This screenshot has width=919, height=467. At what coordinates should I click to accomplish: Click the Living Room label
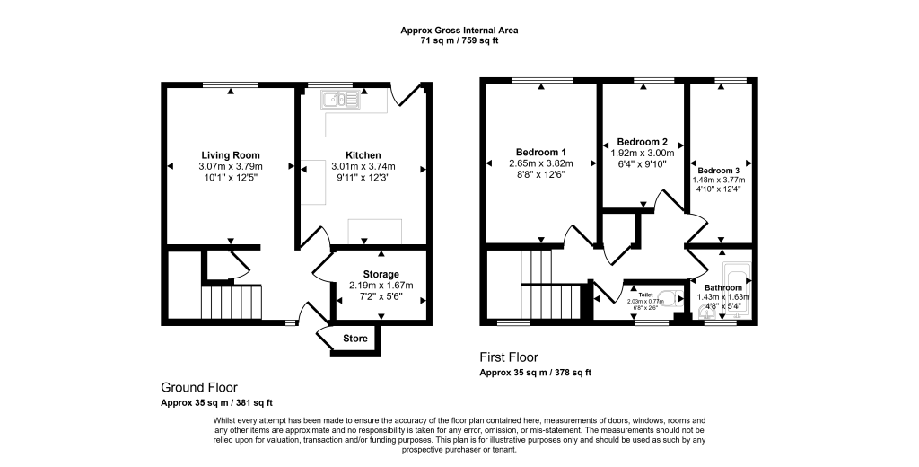click(x=231, y=155)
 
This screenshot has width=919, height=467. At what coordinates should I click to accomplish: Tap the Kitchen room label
click(x=363, y=155)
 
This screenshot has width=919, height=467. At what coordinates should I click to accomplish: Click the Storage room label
click(x=381, y=274)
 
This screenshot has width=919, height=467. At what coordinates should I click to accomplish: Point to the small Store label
click(x=355, y=339)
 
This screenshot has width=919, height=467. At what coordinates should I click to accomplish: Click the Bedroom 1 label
click(x=540, y=152)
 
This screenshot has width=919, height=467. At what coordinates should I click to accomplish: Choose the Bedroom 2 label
click(x=642, y=142)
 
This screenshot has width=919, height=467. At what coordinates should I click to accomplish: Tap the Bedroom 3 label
click(x=718, y=171)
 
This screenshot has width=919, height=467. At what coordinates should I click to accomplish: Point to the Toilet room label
click(x=645, y=294)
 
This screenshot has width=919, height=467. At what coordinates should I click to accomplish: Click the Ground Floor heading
click(x=200, y=387)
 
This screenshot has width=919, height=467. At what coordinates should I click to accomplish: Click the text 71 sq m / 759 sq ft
click(x=459, y=41)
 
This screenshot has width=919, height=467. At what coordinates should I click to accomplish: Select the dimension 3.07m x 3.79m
click(x=231, y=166)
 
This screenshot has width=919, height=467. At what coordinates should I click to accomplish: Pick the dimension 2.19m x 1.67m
click(x=381, y=286)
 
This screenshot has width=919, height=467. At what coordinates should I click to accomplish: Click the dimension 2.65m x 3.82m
click(x=540, y=163)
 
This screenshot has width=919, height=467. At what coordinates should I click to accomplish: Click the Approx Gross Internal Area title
click(x=459, y=31)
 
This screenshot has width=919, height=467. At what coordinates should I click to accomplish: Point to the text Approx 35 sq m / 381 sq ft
click(x=216, y=403)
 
